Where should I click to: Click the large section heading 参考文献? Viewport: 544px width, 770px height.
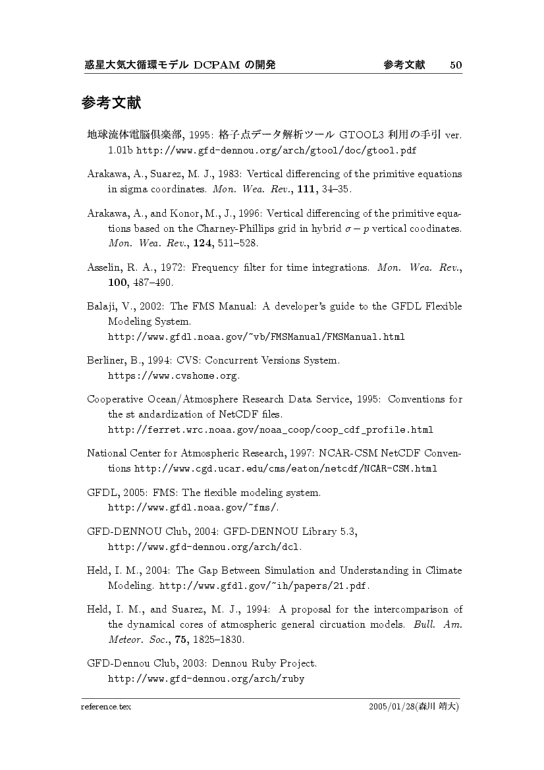pyautogui.click(x=112, y=103)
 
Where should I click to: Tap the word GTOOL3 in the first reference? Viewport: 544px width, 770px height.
pyautogui.click(x=360, y=136)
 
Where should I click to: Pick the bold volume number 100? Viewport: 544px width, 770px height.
pyautogui.click(x=119, y=283)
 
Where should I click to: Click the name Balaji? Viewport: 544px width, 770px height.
pyautogui.click(x=100, y=306)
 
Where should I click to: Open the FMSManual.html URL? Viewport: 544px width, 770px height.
pyautogui.click(x=256, y=337)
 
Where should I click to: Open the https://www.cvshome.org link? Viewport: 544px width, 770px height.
pyautogui.click(x=172, y=376)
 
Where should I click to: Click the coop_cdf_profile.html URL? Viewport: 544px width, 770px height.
pyautogui.click(x=270, y=430)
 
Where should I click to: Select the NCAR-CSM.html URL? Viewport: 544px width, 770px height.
pyautogui.click(x=286, y=469)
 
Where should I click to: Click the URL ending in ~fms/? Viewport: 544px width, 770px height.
pyautogui.click(x=193, y=508)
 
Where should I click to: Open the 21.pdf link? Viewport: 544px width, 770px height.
pyautogui.click(x=263, y=586)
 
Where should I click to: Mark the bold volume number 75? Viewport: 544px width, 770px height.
pyautogui.click(x=173, y=640)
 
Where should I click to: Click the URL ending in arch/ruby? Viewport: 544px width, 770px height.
pyautogui.click(x=205, y=678)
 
